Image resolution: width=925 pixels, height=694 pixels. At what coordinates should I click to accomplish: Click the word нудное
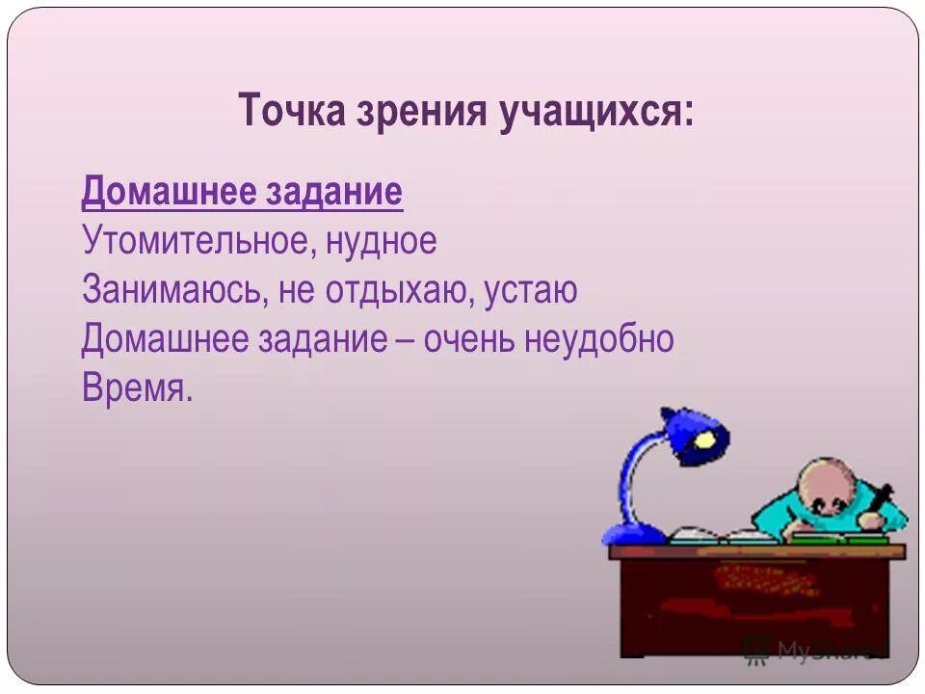(x=382, y=241)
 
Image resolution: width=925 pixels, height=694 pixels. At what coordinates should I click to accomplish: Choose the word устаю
(x=528, y=290)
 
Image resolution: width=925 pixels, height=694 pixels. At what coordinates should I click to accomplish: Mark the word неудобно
(x=598, y=339)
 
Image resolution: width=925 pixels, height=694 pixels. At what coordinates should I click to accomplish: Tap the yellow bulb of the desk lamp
(x=707, y=440)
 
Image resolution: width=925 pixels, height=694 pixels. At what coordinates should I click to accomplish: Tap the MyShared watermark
(x=814, y=648)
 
